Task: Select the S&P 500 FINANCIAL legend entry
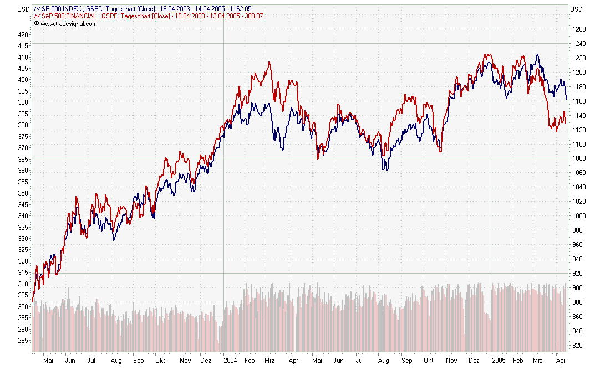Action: (x=69, y=17)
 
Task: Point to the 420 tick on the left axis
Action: (x=22, y=34)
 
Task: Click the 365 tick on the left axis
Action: (x=22, y=159)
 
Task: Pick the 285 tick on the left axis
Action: (x=22, y=341)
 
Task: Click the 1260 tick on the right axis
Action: (x=578, y=29)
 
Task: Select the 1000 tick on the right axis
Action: (x=578, y=216)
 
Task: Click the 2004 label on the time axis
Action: (x=231, y=359)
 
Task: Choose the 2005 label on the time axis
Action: (x=500, y=359)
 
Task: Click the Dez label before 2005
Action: (x=475, y=359)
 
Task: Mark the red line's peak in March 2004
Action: (x=270, y=62)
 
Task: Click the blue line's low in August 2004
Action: (x=384, y=169)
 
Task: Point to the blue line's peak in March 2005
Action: (x=537, y=54)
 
